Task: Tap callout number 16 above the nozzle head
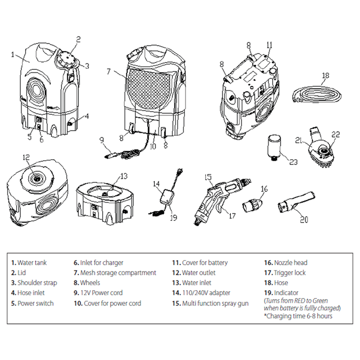click(264, 189)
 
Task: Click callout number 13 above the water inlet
click(124, 175)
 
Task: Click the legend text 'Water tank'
click(32, 262)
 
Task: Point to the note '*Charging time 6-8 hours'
click(299, 316)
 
